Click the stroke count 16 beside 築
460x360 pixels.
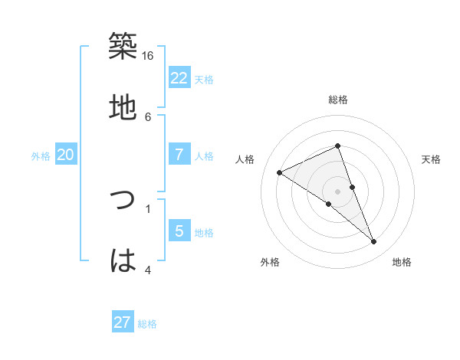pyautogui.click(x=148, y=56)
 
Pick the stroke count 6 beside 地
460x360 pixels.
pyautogui.click(x=148, y=116)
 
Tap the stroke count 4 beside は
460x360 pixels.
pyautogui.click(x=148, y=270)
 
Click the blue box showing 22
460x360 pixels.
pyautogui.click(x=179, y=78)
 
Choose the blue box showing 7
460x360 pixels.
pyautogui.click(x=179, y=155)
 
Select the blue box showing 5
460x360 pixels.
pyautogui.click(x=179, y=231)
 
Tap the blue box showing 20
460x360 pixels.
pyautogui.click(x=66, y=155)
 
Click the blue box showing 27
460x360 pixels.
pyautogui.click(x=123, y=322)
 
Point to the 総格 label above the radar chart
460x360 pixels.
pyautogui.click(x=338, y=100)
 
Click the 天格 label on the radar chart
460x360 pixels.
pyautogui.click(x=431, y=159)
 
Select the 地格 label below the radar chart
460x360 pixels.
pyautogui.click(x=402, y=262)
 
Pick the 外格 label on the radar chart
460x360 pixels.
pyautogui.click(x=270, y=262)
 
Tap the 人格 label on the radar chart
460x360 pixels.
pyautogui.click(x=245, y=159)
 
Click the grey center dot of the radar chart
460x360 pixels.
pyautogui.click(x=338, y=191)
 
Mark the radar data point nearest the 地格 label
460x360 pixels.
pyautogui.click(x=374, y=242)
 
